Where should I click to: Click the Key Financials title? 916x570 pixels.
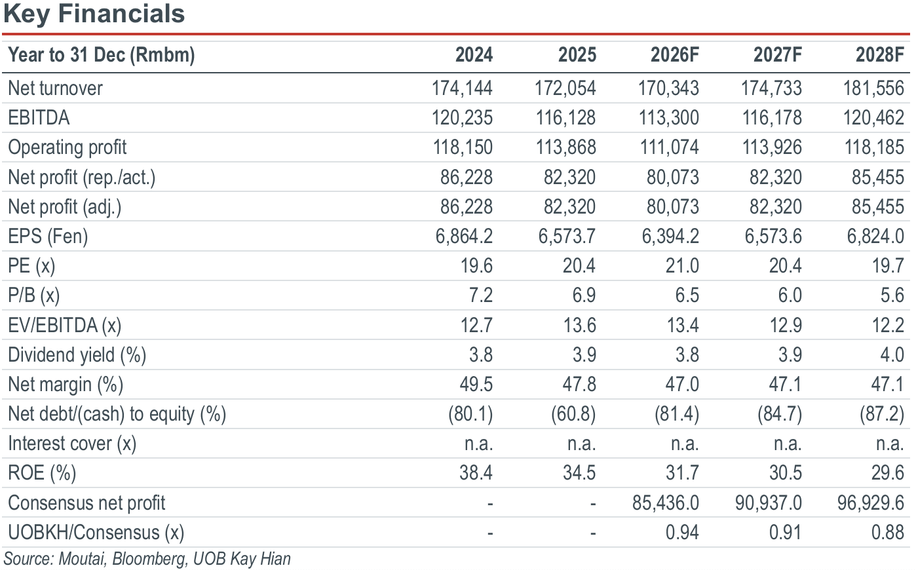[94, 14]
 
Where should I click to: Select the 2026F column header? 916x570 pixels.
[675, 55]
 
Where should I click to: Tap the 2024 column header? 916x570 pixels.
[474, 55]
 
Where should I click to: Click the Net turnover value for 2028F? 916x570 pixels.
[873, 88]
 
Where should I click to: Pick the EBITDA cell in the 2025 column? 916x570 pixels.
[565, 118]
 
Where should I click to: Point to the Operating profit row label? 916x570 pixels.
[67, 147]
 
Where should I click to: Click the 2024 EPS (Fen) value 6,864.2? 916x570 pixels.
[464, 237]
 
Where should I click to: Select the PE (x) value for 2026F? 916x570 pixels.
[682, 266]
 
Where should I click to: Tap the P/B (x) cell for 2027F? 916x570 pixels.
[790, 295]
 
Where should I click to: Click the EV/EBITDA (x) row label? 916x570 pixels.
[65, 326]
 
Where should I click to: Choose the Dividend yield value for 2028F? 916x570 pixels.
[892, 354]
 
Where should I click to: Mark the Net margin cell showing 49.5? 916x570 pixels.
[476, 385]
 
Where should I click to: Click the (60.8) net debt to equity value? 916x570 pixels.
[573, 414]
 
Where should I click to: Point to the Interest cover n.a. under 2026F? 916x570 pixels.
[685, 444]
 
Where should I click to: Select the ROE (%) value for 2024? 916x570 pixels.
[476, 473]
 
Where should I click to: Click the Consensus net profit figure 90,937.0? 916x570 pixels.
[769, 503]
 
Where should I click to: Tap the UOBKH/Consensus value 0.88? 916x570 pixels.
[887, 533]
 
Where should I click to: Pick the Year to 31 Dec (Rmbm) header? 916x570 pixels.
[102, 55]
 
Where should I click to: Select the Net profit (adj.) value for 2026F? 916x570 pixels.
[673, 207]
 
